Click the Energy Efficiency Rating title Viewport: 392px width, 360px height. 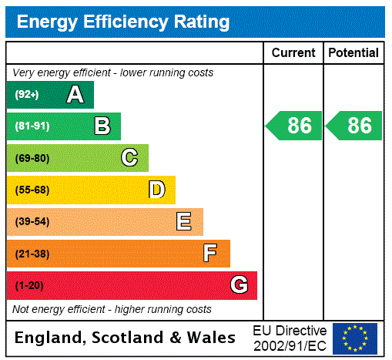click(x=123, y=22)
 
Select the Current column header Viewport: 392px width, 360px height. click(x=293, y=53)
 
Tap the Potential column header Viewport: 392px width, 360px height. click(x=353, y=53)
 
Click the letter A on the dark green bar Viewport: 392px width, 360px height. click(x=75, y=95)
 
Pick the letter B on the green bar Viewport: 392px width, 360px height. click(x=102, y=126)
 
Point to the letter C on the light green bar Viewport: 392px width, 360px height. click(x=129, y=158)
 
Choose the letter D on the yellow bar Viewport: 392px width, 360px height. click(x=156, y=190)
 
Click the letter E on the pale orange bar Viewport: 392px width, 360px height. click(x=183, y=222)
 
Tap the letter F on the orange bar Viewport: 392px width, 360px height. click(x=210, y=254)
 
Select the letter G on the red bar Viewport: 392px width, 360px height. click(x=239, y=285)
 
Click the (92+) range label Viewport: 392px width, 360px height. click(x=27, y=95)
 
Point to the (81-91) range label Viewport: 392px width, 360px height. click(x=32, y=126)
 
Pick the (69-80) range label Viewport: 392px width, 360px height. click(x=32, y=158)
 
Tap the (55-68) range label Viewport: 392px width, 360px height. click(x=32, y=190)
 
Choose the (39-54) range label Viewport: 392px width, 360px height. click(x=32, y=222)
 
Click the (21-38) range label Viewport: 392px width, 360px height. click(x=32, y=254)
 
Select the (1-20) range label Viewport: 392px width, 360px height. click(x=29, y=286)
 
